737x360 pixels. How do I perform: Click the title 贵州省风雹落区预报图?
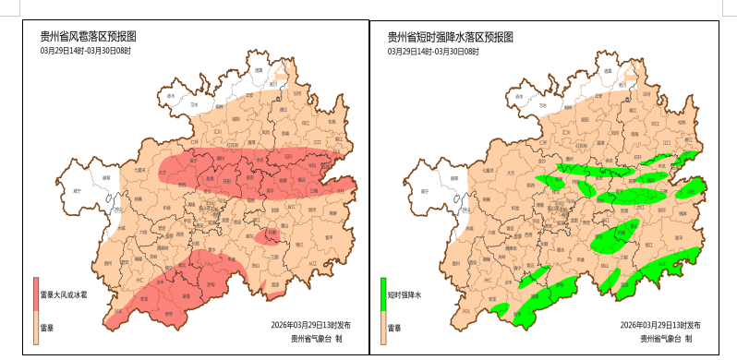pyautogui.click(x=88, y=37)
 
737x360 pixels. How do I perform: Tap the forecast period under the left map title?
pyautogui.click(x=85, y=52)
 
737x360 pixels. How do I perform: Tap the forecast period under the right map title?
pyautogui.click(x=432, y=52)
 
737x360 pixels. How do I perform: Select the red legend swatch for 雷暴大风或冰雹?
pyautogui.click(x=37, y=294)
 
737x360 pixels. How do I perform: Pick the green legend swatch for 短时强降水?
pyautogui.click(x=384, y=294)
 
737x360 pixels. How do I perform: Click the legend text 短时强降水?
pyautogui.click(x=405, y=295)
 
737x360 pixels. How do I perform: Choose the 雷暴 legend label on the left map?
pyautogui.click(x=46, y=328)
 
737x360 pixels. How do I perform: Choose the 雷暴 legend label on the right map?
pyautogui.click(x=394, y=328)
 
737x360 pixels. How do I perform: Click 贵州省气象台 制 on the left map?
pyautogui.click(x=317, y=339)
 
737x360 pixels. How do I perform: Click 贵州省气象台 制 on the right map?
pyautogui.click(x=665, y=339)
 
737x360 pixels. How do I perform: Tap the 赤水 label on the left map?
pyautogui.click(x=171, y=95)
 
